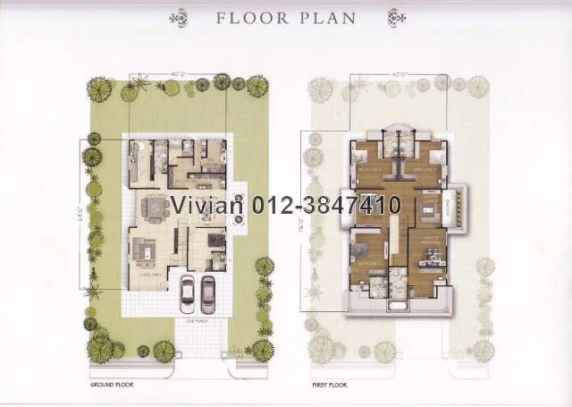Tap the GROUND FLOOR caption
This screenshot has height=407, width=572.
click(112, 382)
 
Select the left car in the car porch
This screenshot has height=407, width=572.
click(189, 292)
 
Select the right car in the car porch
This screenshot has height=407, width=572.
click(208, 292)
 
